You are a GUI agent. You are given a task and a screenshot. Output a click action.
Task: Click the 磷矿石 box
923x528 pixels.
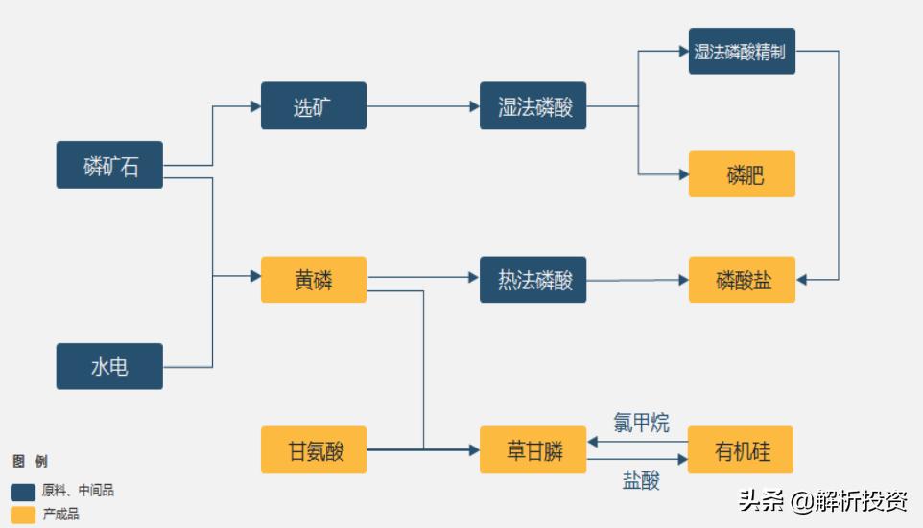click(109, 165)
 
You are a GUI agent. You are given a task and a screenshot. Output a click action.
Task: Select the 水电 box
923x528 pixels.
click(109, 366)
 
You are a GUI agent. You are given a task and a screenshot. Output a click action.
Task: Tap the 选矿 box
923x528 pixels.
click(314, 105)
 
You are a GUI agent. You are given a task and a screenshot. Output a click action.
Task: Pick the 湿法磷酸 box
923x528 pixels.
click(533, 105)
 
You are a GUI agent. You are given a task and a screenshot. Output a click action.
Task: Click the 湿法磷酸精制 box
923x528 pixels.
click(742, 52)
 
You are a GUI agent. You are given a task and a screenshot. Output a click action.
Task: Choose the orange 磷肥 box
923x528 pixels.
click(742, 174)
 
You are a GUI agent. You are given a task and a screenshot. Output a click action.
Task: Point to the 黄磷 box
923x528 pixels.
click(314, 280)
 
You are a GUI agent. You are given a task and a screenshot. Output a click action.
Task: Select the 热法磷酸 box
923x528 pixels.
click(533, 280)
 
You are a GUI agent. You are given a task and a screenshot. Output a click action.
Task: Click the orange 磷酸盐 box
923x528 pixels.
click(742, 280)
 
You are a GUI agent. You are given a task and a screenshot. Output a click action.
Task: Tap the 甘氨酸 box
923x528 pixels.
click(314, 450)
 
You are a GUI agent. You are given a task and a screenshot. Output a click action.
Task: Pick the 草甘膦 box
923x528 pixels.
click(533, 450)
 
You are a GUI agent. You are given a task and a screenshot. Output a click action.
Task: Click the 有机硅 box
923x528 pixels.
click(742, 450)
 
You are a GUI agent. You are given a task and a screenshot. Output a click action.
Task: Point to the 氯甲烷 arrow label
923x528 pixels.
click(641, 423)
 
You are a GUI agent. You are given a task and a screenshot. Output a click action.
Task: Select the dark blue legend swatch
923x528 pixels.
click(24, 492)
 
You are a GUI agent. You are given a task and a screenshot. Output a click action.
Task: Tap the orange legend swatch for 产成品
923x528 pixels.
click(24, 515)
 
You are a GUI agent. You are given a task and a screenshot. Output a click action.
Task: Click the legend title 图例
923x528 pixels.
click(30, 462)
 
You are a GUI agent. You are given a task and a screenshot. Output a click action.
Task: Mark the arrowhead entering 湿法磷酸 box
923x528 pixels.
click(474, 105)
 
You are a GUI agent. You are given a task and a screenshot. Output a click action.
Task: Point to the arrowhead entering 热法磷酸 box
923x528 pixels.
click(474, 278)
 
